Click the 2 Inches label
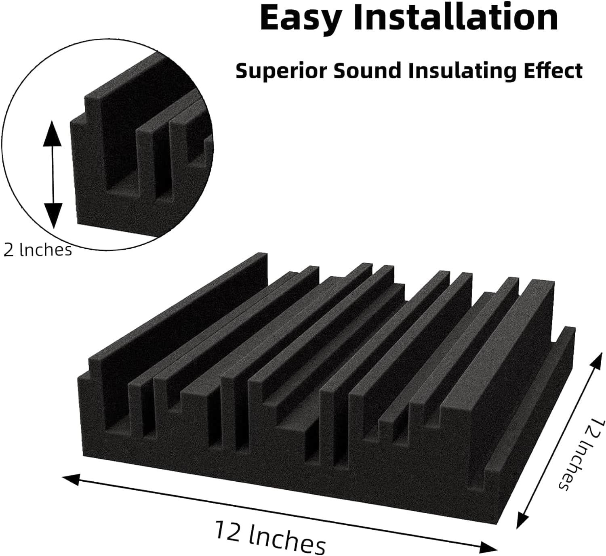point(38,250)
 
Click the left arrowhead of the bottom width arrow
point(71,479)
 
